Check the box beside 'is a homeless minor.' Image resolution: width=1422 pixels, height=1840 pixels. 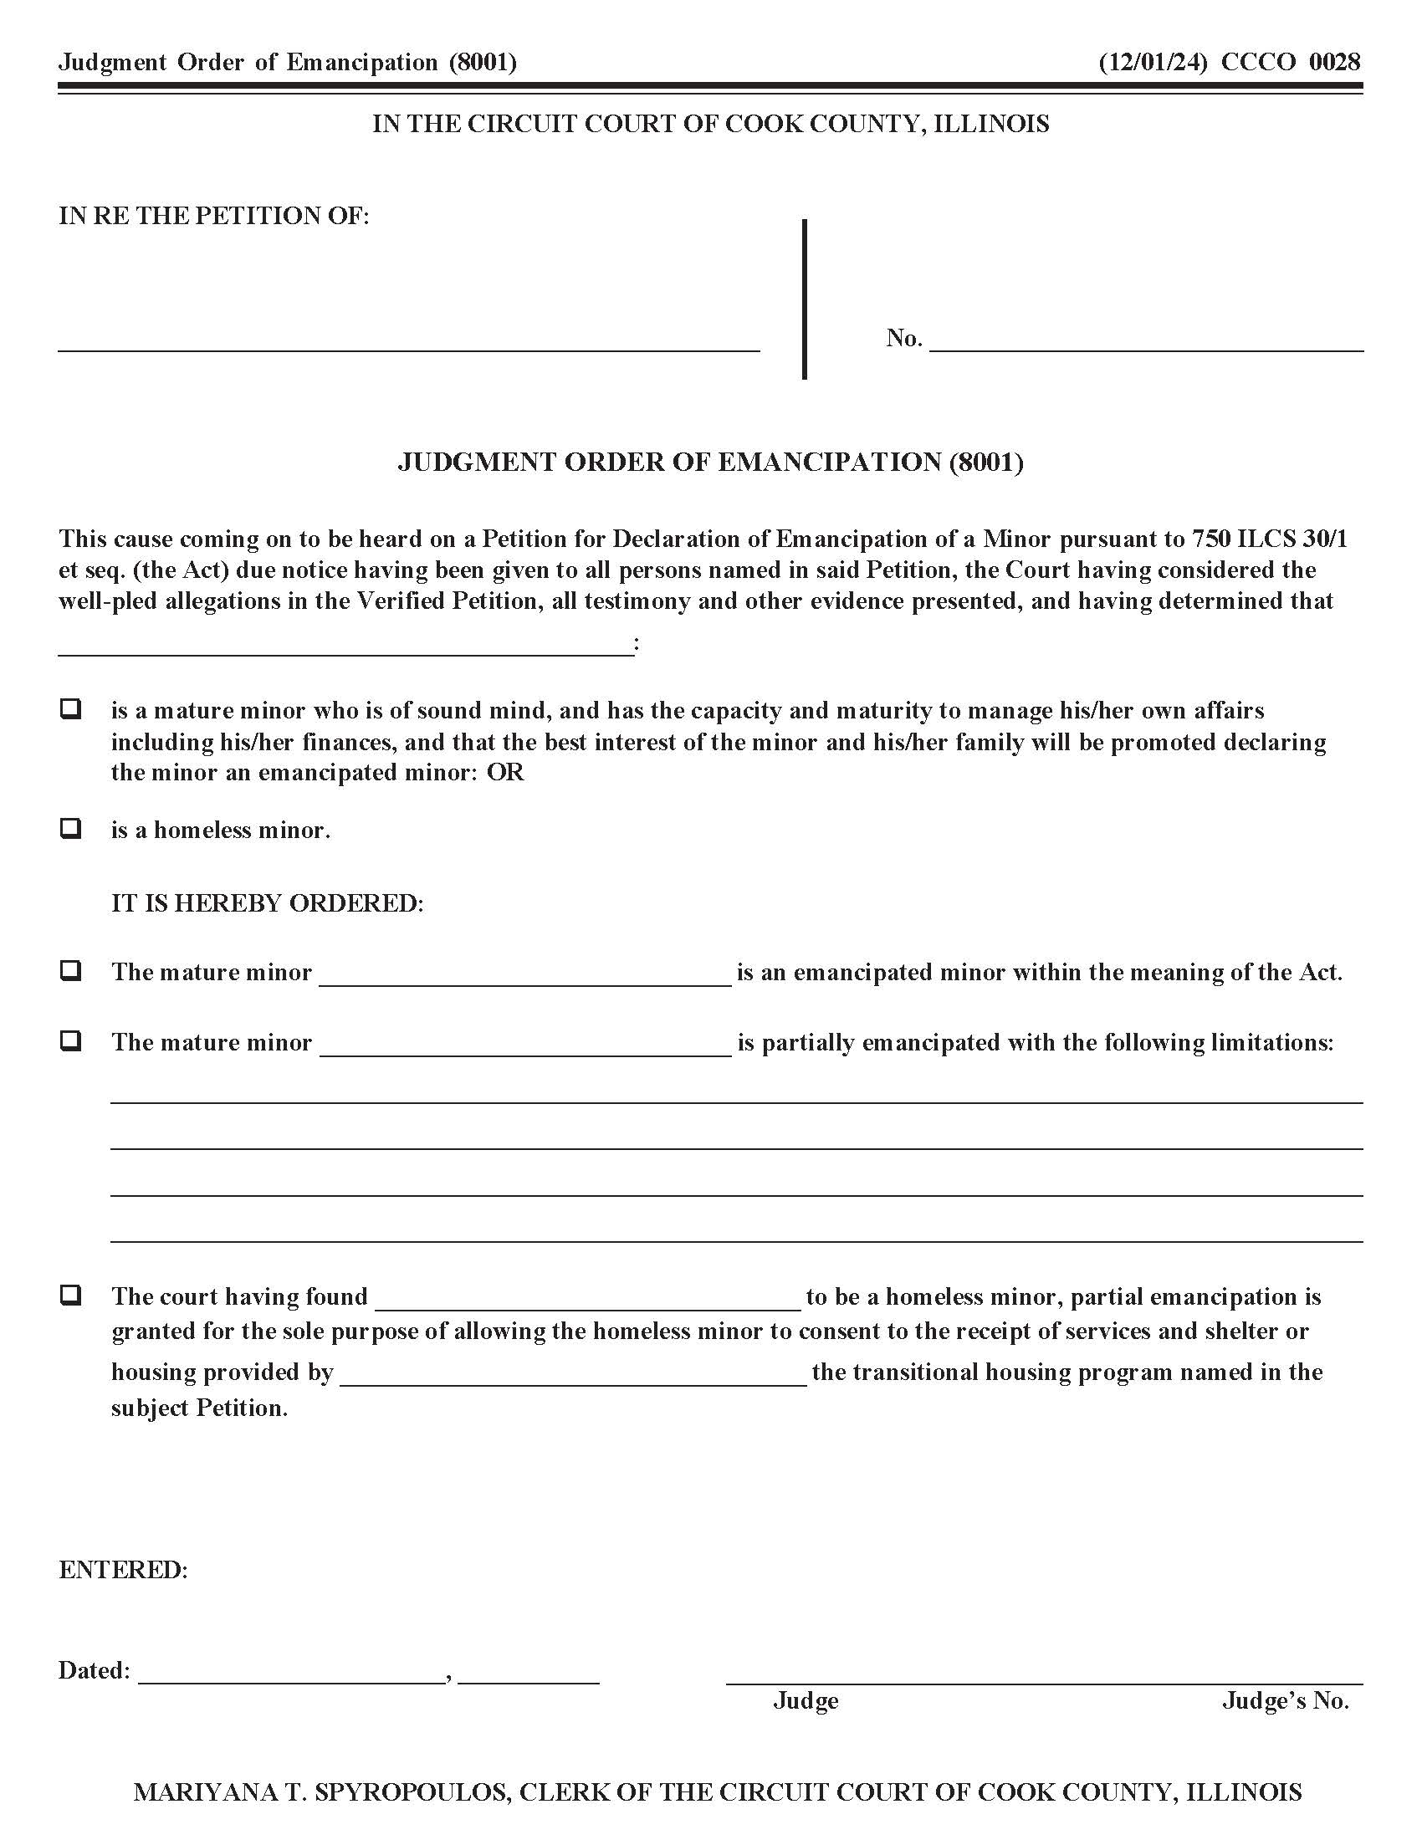(x=71, y=828)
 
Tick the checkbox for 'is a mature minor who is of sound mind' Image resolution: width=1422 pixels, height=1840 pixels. (x=71, y=708)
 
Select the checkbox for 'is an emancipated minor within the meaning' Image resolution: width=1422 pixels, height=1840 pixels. (x=71, y=970)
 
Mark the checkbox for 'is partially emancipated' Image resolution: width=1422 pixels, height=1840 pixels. (x=71, y=1040)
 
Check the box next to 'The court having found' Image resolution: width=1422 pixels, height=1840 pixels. (x=71, y=1295)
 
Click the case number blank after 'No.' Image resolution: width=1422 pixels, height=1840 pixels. (x=1146, y=341)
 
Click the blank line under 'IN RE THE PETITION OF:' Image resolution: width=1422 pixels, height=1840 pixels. (x=408, y=341)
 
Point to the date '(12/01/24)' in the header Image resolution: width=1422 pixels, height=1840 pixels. (x=1153, y=63)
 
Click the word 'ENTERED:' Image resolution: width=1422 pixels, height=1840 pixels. (x=123, y=1570)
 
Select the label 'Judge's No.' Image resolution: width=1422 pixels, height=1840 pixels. (x=1286, y=1701)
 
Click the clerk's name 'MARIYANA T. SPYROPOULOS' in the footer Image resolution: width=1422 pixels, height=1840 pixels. (x=321, y=1792)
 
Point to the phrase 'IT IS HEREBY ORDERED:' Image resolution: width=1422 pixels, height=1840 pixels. (x=267, y=903)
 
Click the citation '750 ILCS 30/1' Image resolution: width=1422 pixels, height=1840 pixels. (x=1270, y=539)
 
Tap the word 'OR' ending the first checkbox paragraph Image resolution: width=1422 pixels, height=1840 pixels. (x=505, y=773)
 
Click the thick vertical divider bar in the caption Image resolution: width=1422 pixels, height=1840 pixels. (x=805, y=299)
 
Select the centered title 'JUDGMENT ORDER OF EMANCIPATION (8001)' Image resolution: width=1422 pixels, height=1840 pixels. (x=710, y=462)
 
